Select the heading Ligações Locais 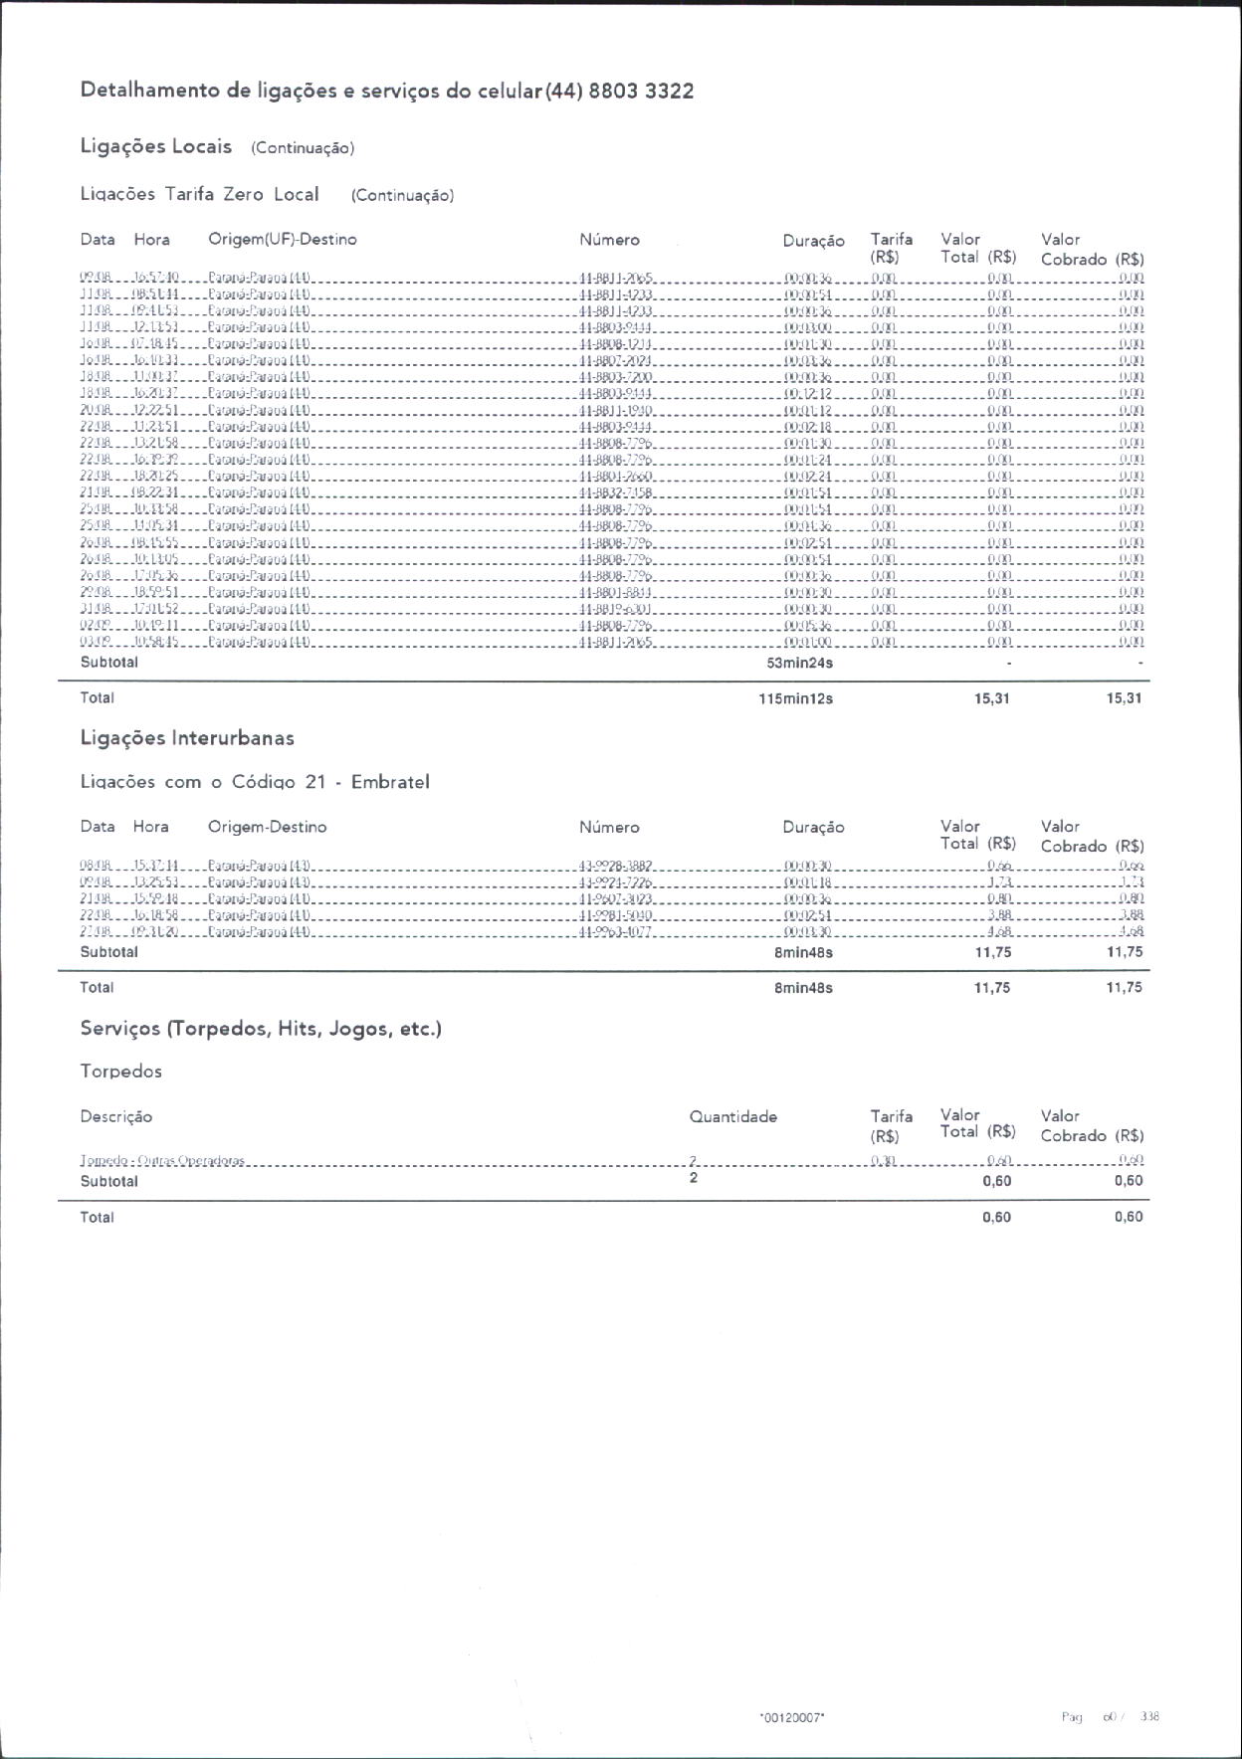(x=156, y=146)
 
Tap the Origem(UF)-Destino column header (x=283, y=239)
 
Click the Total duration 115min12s (x=795, y=698)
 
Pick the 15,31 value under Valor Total (x=992, y=698)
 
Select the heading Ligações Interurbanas (x=187, y=738)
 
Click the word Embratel (x=390, y=782)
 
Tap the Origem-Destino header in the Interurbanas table (x=267, y=827)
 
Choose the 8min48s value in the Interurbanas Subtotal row (x=803, y=952)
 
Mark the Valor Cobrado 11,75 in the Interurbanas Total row (x=1125, y=988)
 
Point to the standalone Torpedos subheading (x=121, y=1072)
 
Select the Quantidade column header (x=733, y=1116)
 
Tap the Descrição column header (x=116, y=1116)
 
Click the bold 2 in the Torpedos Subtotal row (x=694, y=1178)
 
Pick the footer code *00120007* (x=792, y=1716)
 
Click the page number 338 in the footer (x=1149, y=1716)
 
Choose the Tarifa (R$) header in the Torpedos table (x=891, y=1126)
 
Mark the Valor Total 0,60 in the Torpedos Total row (x=996, y=1218)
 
